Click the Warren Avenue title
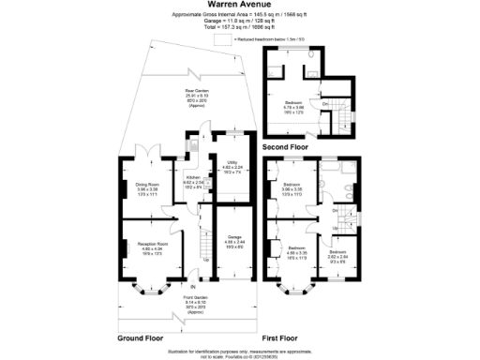pyautogui.click(x=240, y=5)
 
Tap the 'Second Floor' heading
pyautogui.click(x=287, y=147)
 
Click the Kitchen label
pyautogui.click(x=190, y=180)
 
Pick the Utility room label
pyautogui.click(x=232, y=170)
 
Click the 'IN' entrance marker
pyautogui.click(x=193, y=286)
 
